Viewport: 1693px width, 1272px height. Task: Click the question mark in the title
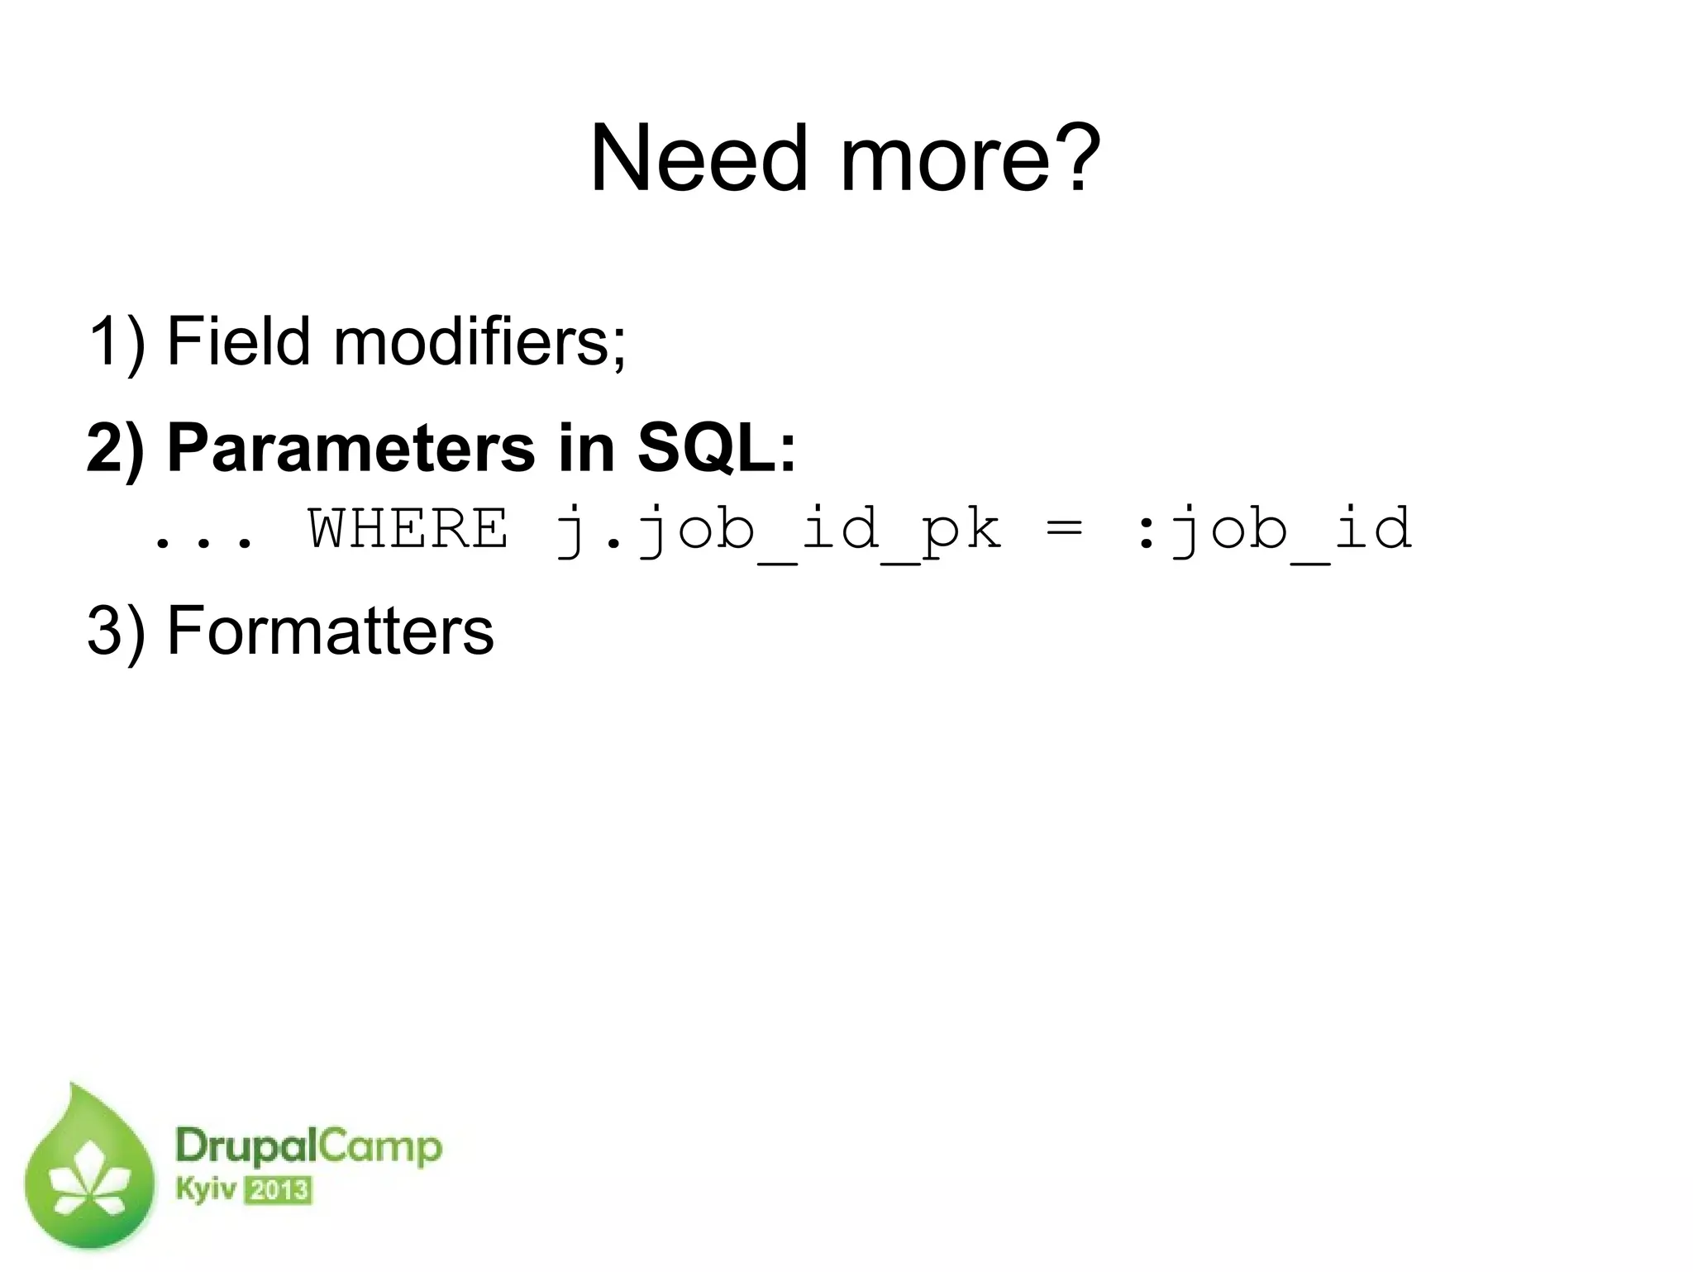tap(1072, 157)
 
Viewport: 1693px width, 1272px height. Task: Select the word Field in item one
tap(238, 341)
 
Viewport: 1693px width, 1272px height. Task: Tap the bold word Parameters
tap(351, 448)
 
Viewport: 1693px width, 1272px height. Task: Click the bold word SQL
tap(716, 448)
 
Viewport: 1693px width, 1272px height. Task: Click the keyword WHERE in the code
tap(408, 529)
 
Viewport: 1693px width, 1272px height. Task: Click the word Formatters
tap(330, 631)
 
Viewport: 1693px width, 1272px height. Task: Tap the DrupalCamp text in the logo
tap(308, 1148)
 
